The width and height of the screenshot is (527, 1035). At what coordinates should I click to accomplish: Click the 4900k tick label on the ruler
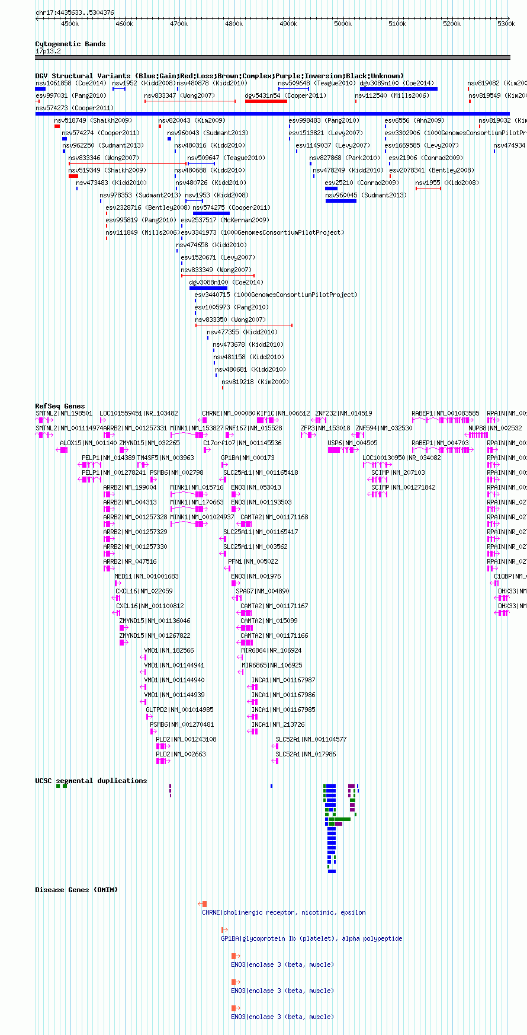coord(288,24)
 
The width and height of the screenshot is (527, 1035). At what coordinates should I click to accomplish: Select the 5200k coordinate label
coord(452,24)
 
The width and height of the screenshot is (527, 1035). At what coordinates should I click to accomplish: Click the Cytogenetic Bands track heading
coord(70,44)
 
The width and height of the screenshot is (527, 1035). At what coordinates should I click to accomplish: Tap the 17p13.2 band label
coord(48,51)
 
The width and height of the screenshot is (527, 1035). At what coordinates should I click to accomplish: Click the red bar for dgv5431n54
coord(266,101)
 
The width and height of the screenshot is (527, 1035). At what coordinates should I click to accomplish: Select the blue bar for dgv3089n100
coord(399,89)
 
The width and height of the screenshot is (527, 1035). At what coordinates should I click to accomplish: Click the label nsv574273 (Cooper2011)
coord(75,108)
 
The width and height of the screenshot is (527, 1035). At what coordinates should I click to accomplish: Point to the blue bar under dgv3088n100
coord(208,288)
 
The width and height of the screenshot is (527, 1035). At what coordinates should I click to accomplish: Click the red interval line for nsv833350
coord(243,325)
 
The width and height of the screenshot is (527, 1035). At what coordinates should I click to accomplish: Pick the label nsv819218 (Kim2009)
coord(255,382)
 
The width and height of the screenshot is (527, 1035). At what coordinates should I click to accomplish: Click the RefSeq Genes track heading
coord(60,406)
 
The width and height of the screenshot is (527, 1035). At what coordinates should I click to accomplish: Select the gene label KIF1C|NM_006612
coord(283,413)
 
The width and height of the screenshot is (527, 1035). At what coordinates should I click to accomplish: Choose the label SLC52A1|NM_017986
coord(306,754)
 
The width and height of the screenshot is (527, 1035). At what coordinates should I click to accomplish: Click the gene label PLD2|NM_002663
coord(181,754)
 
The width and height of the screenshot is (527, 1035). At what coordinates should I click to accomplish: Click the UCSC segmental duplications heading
coord(91,781)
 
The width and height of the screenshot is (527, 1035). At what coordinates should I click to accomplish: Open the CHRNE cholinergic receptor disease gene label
coord(284,912)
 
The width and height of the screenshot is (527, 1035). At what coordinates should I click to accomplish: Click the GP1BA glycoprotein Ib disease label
coord(311,938)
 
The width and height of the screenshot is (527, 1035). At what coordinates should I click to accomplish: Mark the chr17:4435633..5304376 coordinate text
coord(75,12)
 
